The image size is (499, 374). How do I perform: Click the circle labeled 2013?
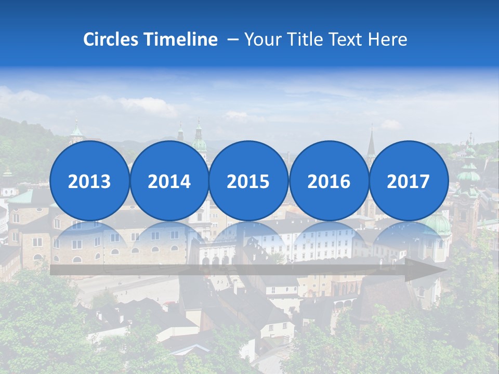[x=89, y=181]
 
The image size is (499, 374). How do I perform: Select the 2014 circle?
[x=169, y=181]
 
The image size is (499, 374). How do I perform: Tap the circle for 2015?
[x=248, y=181]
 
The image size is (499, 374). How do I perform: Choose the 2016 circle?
[x=329, y=181]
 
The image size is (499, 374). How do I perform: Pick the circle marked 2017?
[x=408, y=181]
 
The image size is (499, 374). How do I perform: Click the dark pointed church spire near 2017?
[x=371, y=143]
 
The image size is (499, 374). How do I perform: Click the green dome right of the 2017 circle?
[x=468, y=174]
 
